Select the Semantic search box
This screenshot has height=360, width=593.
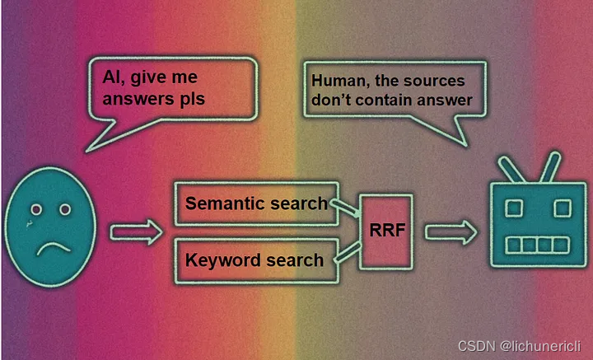tap(255, 203)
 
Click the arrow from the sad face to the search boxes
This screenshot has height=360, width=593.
tap(136, 233)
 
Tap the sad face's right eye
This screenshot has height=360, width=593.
tap(64, 210)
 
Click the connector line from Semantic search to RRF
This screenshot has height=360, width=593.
tap(345, 211)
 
